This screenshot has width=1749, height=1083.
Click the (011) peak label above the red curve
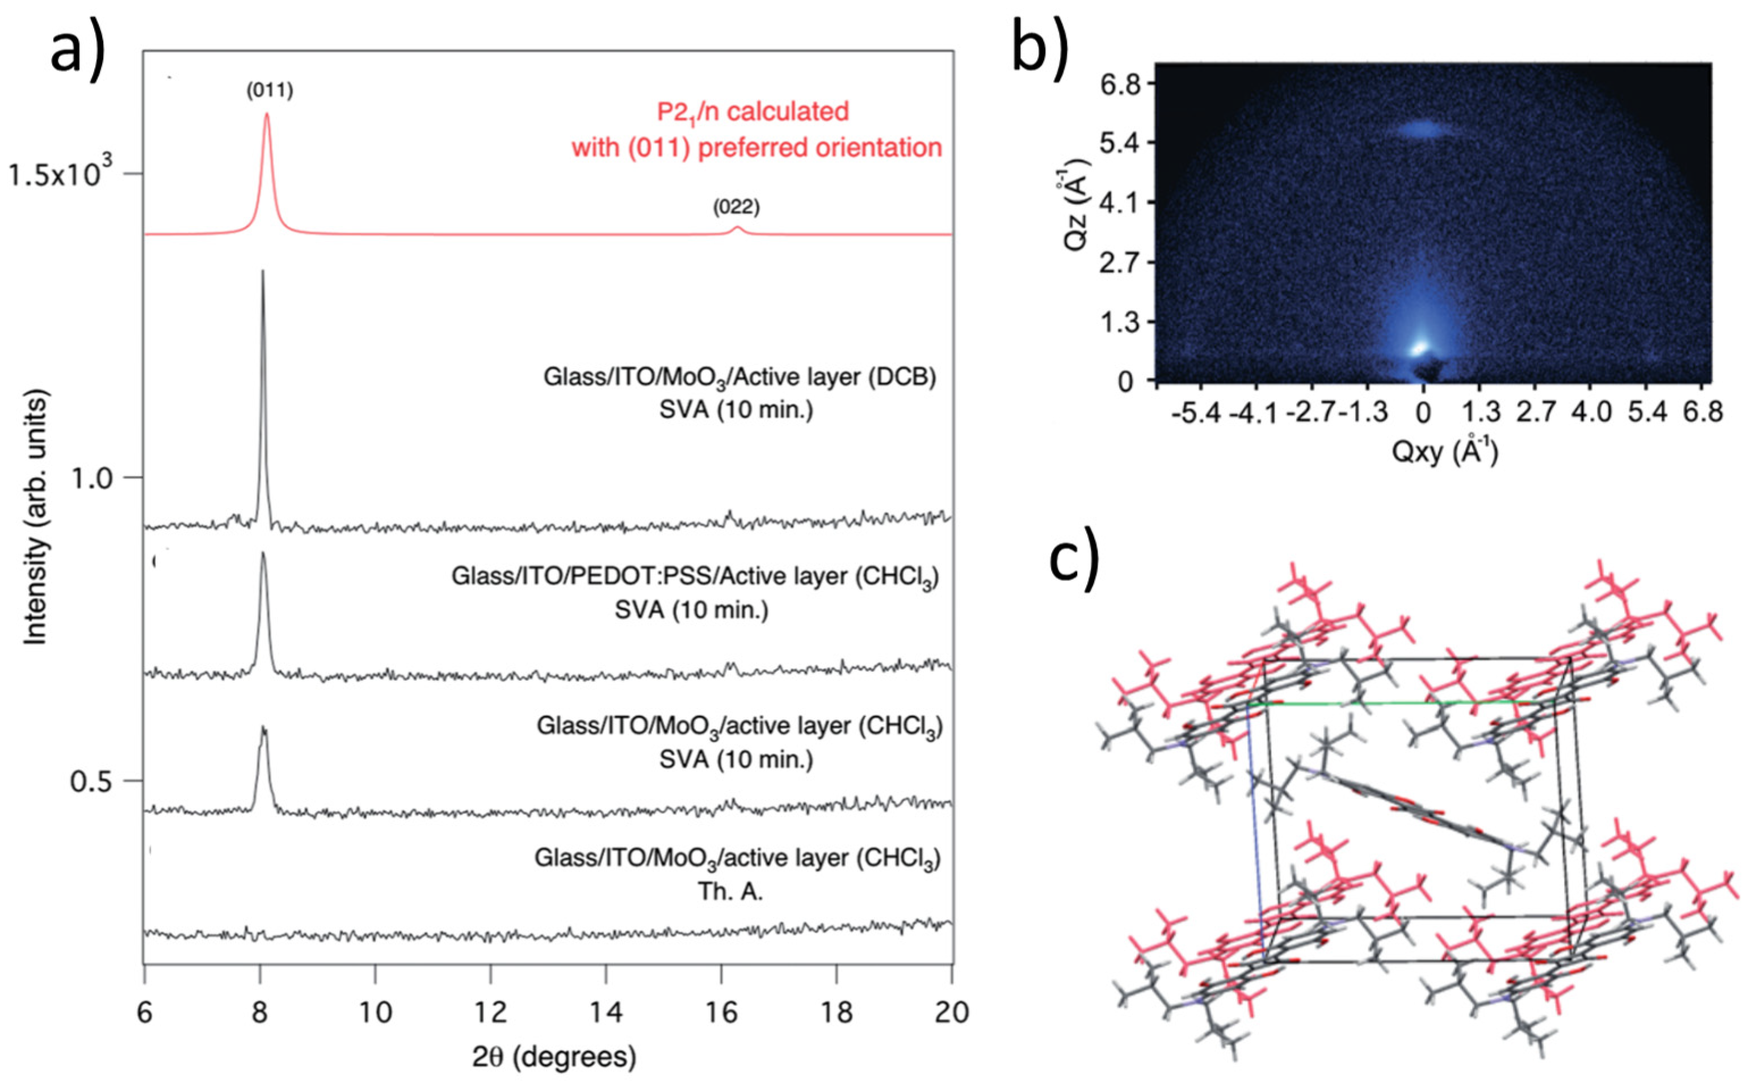point(270,91)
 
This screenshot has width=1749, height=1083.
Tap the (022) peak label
point(736,208)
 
